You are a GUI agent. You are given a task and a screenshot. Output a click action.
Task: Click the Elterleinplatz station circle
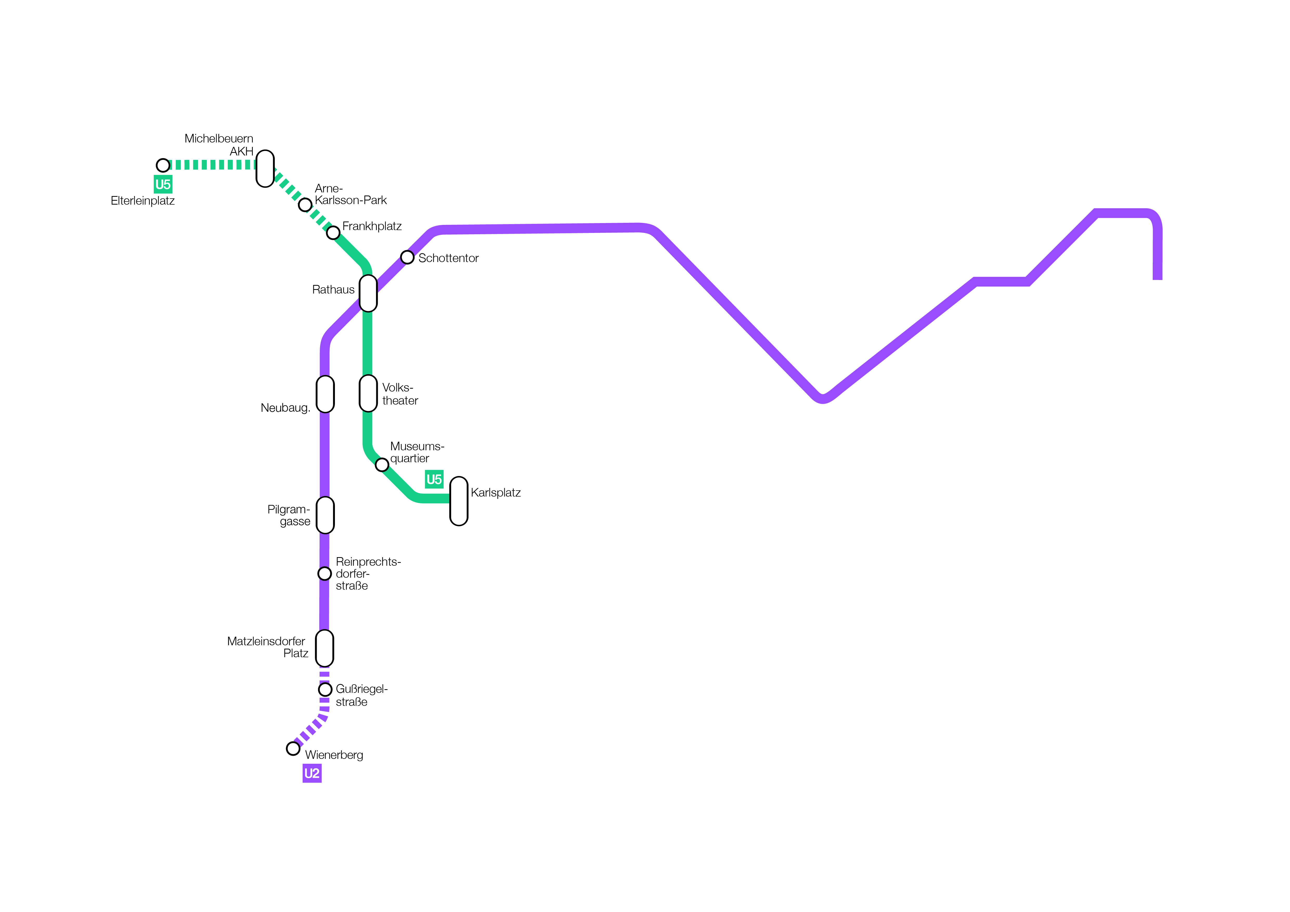(x=163, y=165)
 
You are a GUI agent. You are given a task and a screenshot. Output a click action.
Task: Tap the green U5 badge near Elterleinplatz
(x=163, y=184)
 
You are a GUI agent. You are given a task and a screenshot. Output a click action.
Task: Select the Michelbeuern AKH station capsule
(x=265, y=168)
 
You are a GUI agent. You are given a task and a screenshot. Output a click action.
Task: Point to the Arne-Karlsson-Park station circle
(x=305, y=205)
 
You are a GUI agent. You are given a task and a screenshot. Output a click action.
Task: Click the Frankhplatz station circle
(x=333, y=232)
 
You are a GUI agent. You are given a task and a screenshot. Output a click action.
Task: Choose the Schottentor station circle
(x=407, y=257)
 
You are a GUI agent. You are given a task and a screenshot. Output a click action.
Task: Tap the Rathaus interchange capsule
(x=368, y=293)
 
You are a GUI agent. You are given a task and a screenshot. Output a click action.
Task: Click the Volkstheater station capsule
(x=368, y=393)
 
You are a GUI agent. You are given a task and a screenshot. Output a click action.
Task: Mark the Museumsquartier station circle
(x=382, y=464)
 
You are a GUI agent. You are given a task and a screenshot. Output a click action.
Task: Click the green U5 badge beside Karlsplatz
(x=434, y=479)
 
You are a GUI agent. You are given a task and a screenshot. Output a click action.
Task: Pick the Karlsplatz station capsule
(x=459, y=501)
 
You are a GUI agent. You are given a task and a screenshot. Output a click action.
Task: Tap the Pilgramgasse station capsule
(x=325, y=515)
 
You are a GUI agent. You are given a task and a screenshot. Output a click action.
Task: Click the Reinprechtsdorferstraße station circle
(x=325, y=573)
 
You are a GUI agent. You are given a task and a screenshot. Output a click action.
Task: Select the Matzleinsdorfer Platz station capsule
(x=325, y=648)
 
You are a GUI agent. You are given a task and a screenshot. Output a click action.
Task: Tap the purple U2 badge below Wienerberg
(x=312, y=773)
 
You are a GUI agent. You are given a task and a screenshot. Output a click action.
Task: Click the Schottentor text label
(x=448, y=258)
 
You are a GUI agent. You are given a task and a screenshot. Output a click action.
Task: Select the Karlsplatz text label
(x=496, y=492)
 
